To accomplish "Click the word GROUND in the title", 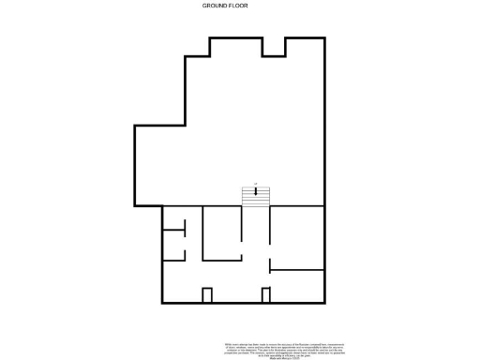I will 215,6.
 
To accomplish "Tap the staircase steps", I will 256,198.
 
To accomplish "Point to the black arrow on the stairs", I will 256,192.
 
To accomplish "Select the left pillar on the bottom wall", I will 207,295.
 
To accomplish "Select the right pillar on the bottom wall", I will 266,295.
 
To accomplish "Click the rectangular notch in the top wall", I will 274,47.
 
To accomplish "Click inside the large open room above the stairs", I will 234,131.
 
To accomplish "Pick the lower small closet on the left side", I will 173,245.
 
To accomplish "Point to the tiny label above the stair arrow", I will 256,184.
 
